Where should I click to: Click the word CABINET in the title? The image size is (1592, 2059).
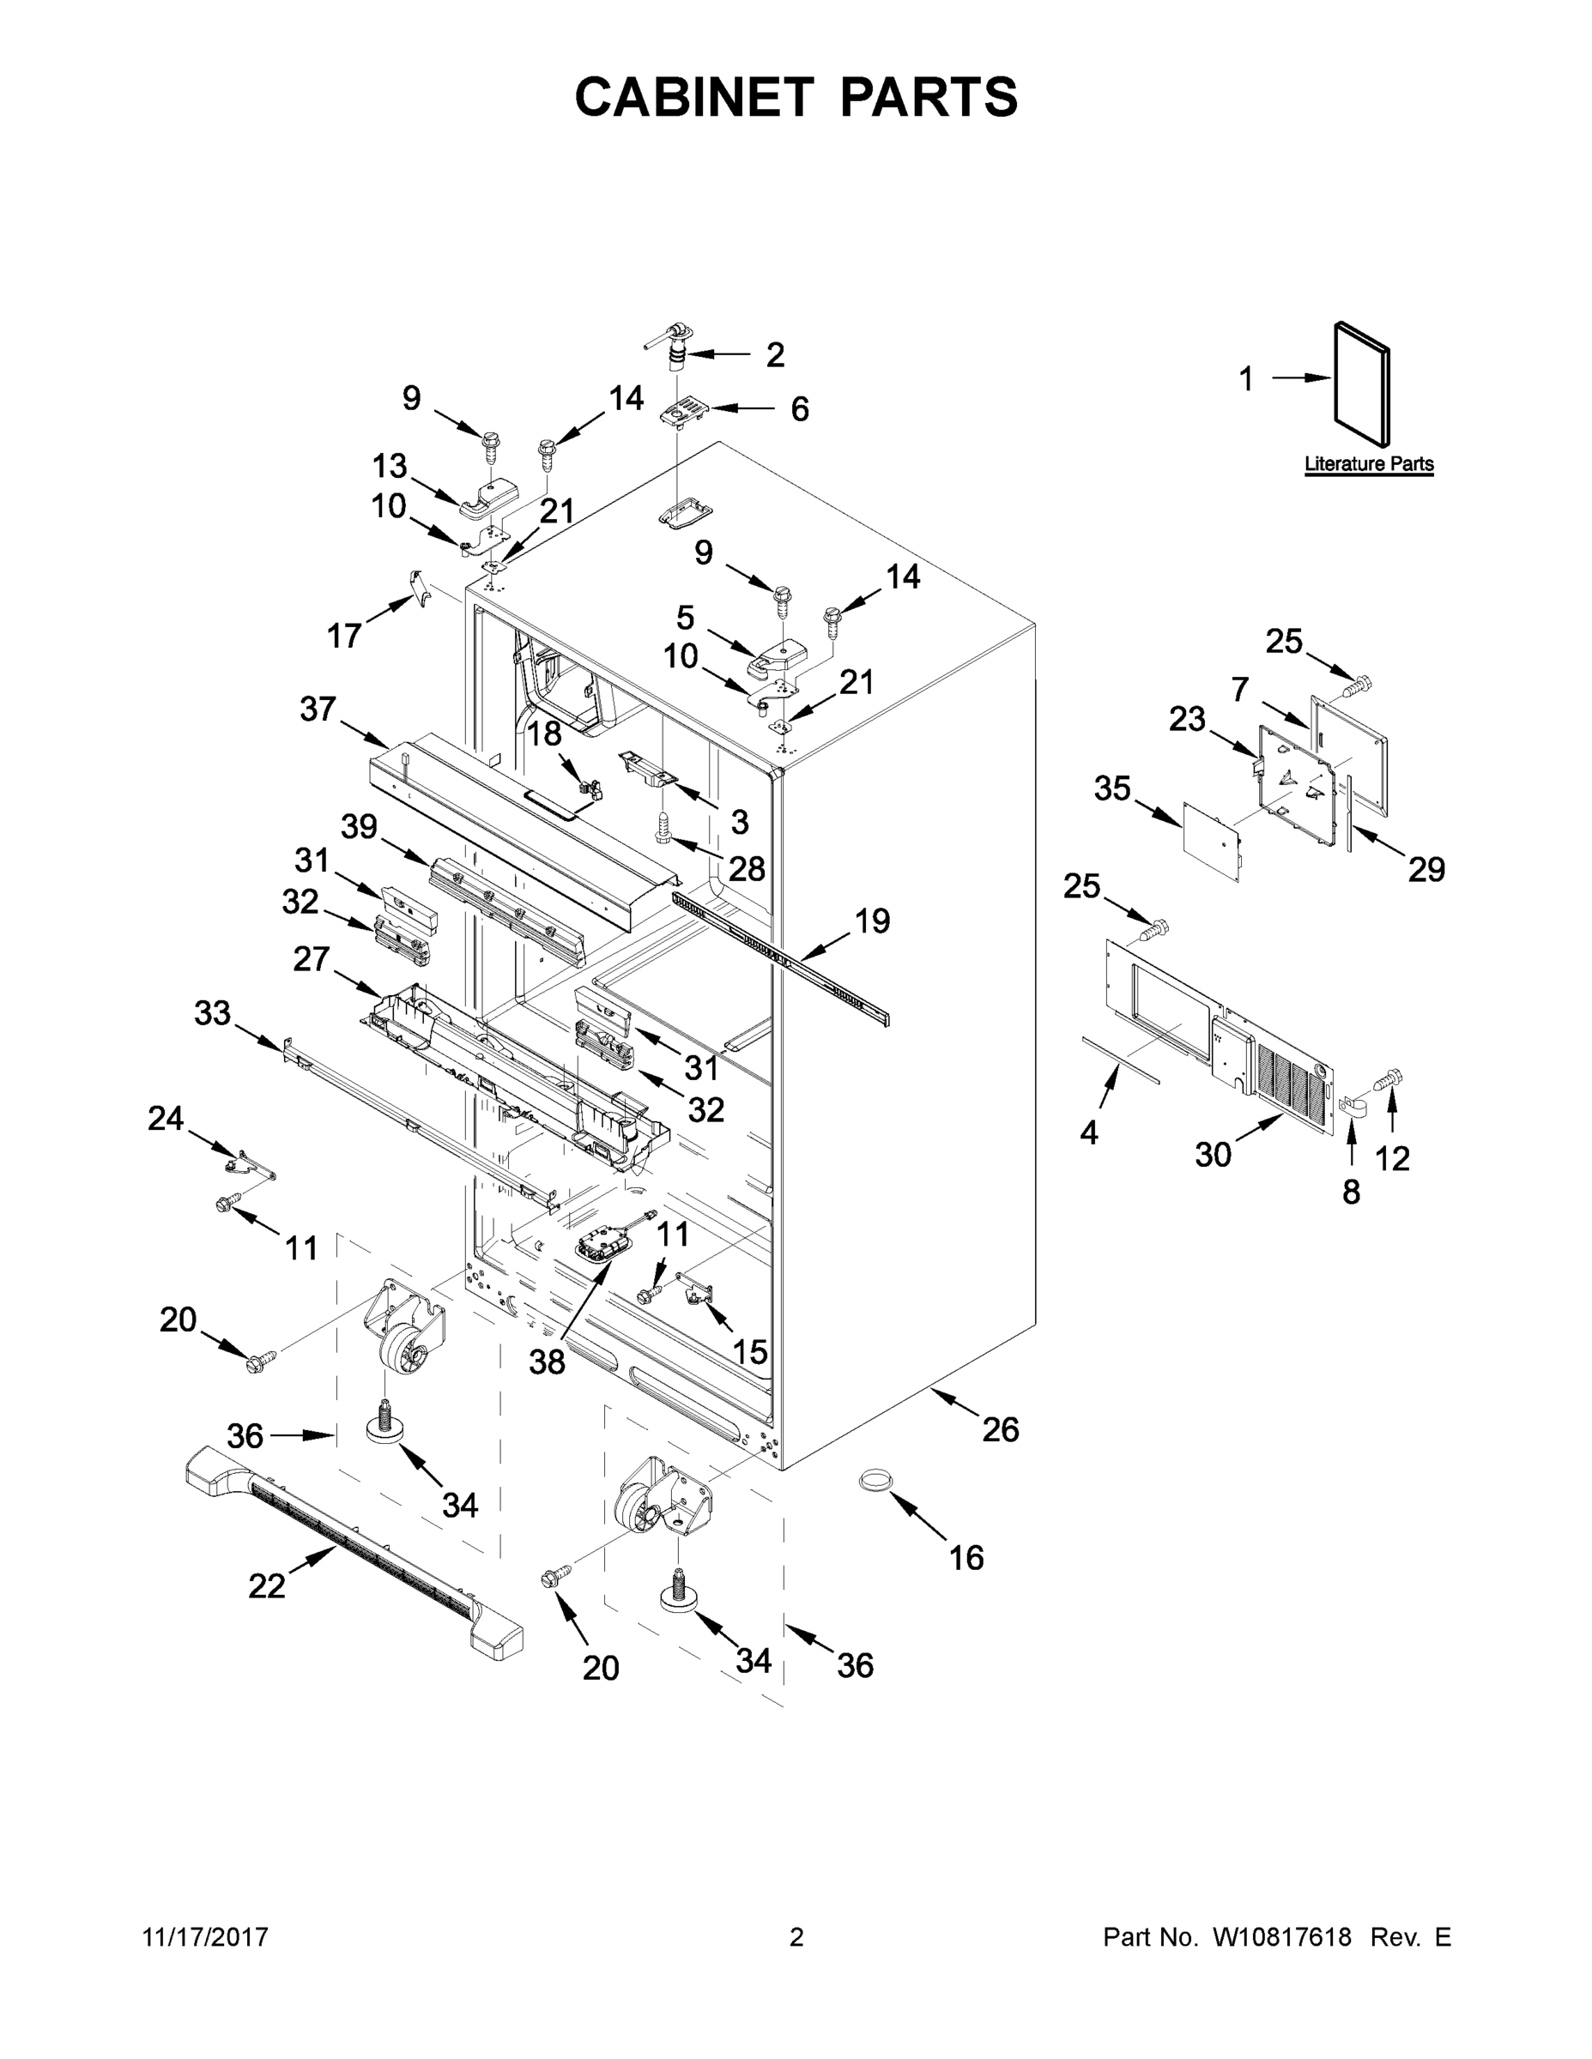(x=694, y=97)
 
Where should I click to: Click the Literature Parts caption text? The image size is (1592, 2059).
(x=1369, y=464)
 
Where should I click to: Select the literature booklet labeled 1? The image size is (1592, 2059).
(x=1362, y=384)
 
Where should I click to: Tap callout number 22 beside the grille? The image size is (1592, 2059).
(x=267, y=1586)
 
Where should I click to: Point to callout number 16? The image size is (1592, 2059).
(x=966, y=1558)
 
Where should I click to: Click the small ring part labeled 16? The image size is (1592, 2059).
(x=875, y=1481)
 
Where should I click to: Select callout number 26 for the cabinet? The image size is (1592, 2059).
(x=1001, y=1429)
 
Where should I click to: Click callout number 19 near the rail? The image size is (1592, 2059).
(x=873, y=921)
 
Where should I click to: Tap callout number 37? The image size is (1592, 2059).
(x=318, y=709)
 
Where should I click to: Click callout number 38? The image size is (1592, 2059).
(x=547, y=1362)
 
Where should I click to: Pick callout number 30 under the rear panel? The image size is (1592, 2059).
(x=1214, y=1154)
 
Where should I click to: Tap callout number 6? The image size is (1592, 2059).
(x=800, y=409)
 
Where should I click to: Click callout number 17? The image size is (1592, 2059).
(x=344, y=637)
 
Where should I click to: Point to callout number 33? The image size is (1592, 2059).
(x=212, y=1013)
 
